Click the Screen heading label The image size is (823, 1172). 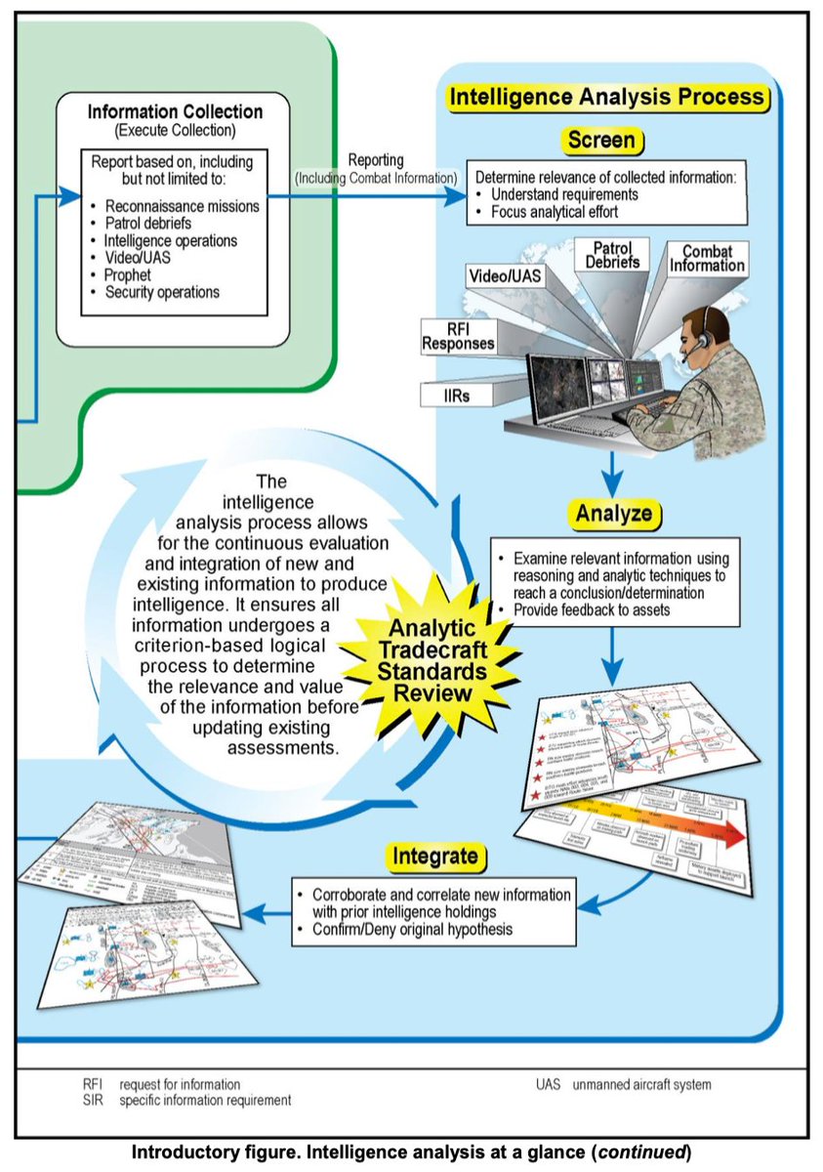point(601,141)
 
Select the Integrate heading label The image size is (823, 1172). point(435,857)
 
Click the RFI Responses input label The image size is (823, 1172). point(458,335)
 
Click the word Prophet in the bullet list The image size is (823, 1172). point(128,274)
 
